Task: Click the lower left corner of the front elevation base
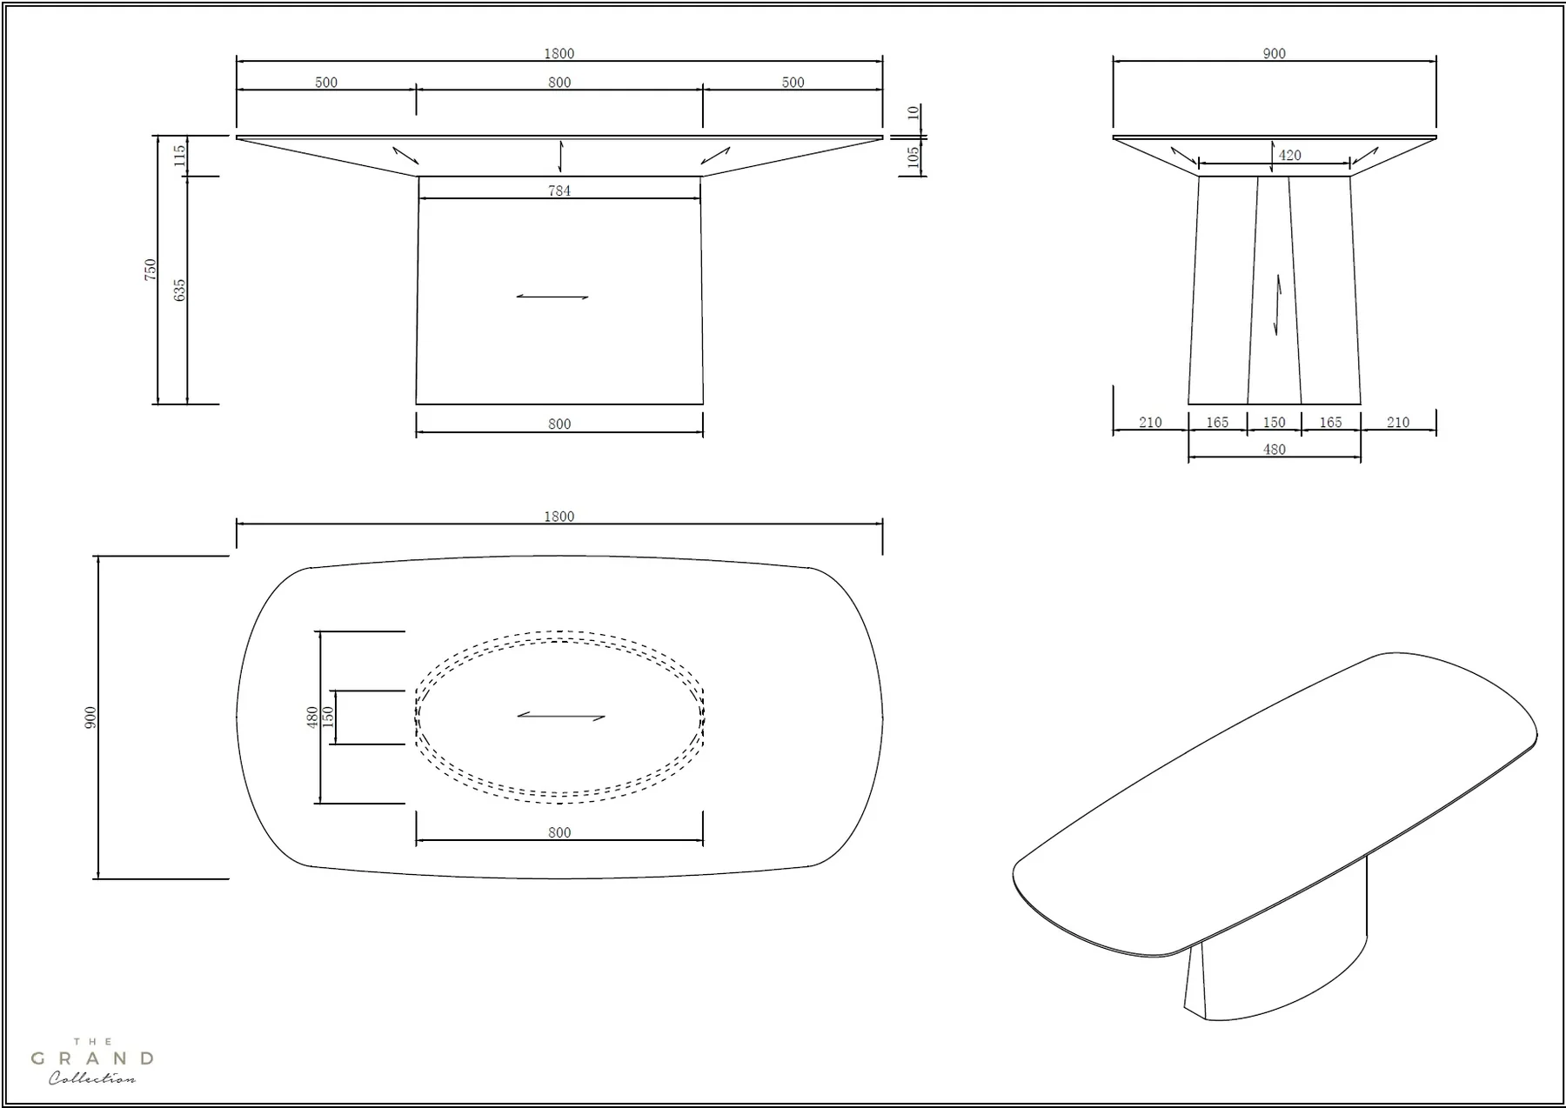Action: (x=416, y=404)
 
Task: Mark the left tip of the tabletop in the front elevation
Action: (x=237, y=137)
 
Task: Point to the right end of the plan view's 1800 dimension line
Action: (x=882, y=524)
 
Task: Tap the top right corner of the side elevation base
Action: (x=1350, y=177)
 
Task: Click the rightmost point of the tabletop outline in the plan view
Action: (x=883, y=718)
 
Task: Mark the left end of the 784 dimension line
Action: (x=419, y=198)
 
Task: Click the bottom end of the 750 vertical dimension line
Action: (x=157, y=404)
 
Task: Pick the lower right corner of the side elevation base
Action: (x=1361, y=404)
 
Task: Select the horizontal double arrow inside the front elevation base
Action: (x=552, y=297)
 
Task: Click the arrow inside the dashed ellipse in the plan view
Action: (x=561, y=717)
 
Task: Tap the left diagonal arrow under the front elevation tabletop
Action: (x=405, y=155)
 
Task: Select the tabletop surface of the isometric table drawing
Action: (x=1275, y=804)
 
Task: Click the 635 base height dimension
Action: (x=180, y=290)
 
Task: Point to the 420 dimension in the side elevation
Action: (x=1289, y=155)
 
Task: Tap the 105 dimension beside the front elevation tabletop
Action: (x=913, y=157)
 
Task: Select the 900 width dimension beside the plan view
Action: (x=90, y=718)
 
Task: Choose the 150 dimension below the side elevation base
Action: (x=1274, y=422)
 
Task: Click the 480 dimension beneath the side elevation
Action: (x=1274, y=450)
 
